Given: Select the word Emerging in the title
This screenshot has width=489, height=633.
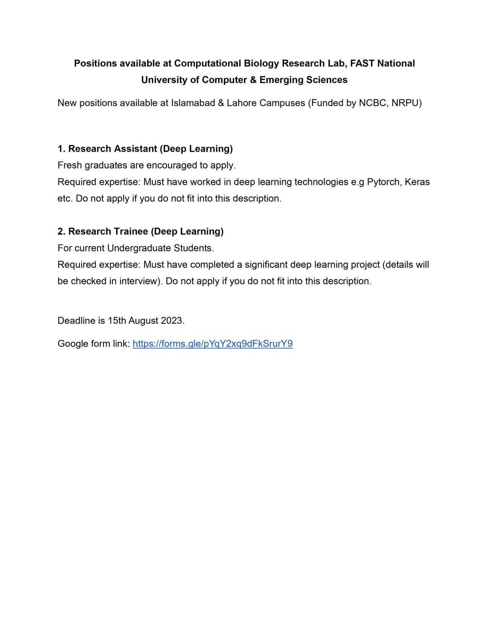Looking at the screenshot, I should click(278, 80).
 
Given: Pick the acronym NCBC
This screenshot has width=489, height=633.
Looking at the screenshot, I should click(372, 103).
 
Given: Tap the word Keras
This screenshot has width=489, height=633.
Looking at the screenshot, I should click(417, 182).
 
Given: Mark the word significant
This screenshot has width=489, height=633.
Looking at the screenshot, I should click(266, 265).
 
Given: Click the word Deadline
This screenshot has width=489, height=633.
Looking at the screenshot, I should click(76, 321).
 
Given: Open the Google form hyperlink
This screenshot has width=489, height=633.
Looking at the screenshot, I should click(212, 344).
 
